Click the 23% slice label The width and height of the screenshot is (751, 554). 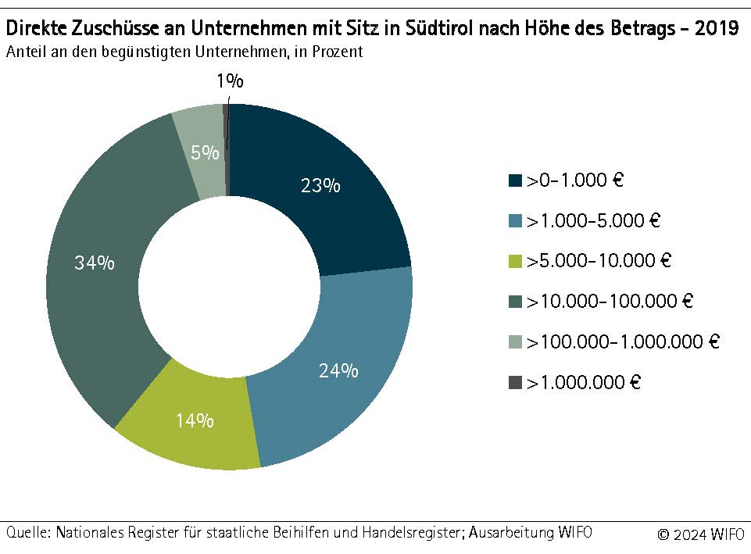320,186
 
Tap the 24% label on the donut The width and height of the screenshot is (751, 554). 338,370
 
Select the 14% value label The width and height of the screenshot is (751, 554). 195,420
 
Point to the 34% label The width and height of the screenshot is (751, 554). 94,263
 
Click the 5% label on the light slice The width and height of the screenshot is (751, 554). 204,153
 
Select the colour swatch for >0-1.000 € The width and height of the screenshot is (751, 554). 515,180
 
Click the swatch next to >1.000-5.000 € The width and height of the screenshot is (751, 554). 515,221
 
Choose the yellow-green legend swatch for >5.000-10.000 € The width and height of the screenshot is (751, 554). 515,261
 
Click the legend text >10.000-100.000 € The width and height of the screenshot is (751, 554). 610,301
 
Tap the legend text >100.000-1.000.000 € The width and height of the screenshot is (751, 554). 623,341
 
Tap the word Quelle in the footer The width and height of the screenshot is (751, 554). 26,533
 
